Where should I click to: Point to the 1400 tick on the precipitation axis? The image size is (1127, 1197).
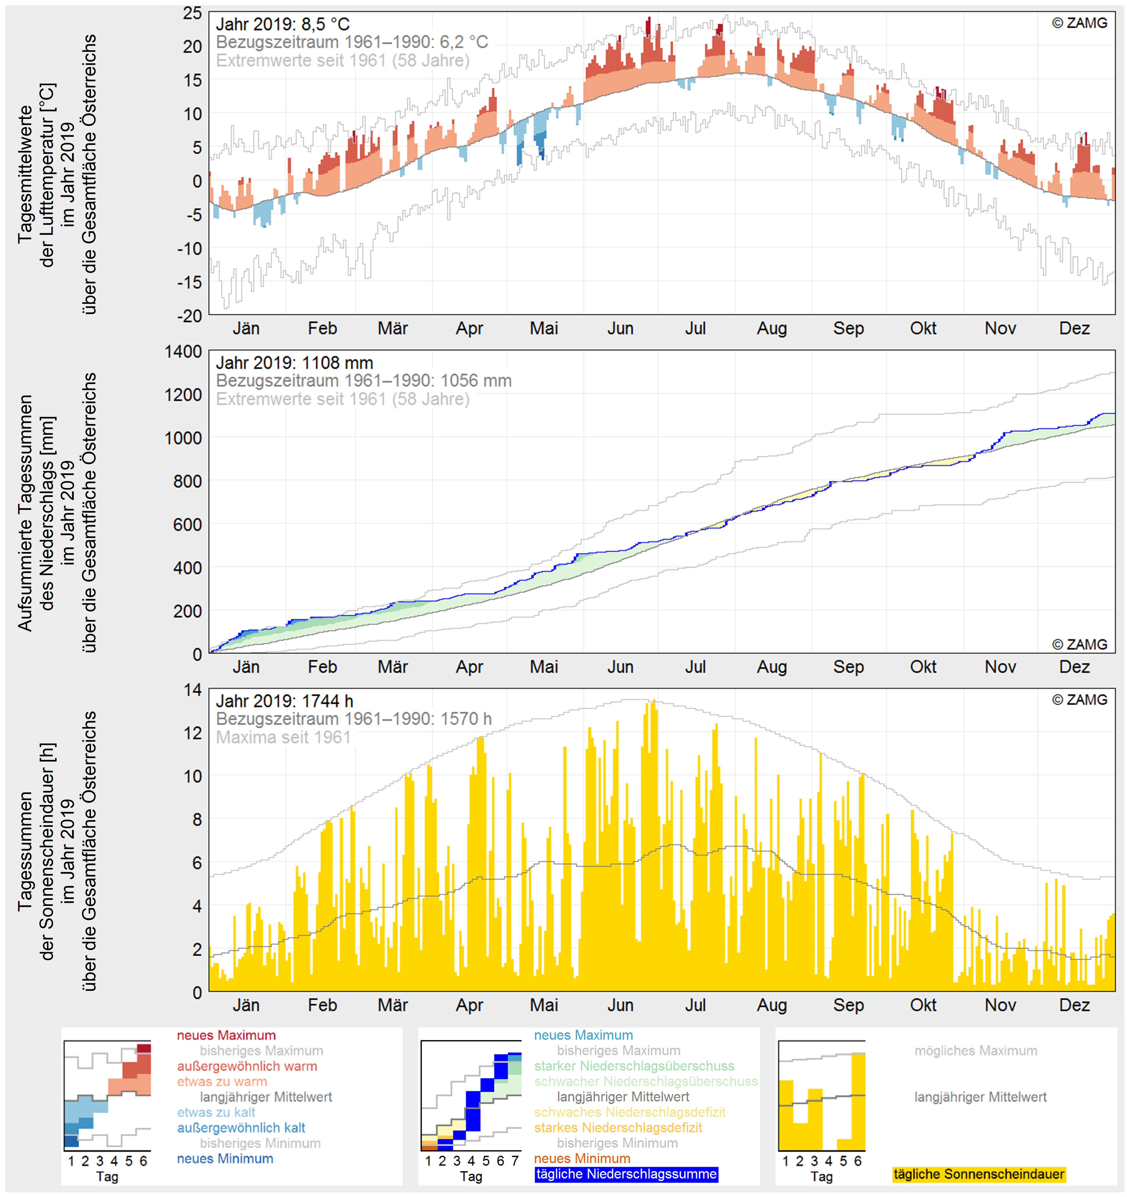click(x=184, y=352)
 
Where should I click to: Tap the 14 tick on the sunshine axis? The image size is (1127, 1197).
click(x=193, y=690)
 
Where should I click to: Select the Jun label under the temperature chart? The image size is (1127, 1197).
click(x=620, y=329)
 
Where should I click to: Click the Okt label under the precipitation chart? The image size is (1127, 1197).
click(x=923, y=667)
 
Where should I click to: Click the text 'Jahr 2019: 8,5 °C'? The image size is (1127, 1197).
click(x=282, y=24)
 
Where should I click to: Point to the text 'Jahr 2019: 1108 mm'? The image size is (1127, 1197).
click(x=295, y=363)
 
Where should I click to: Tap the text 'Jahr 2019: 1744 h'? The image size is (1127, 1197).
click(x=284, y=702)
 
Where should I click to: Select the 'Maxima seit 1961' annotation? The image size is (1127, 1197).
click(x=283, y=737)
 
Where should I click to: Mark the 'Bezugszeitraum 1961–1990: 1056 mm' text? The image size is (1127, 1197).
click(x=364, y=381)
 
